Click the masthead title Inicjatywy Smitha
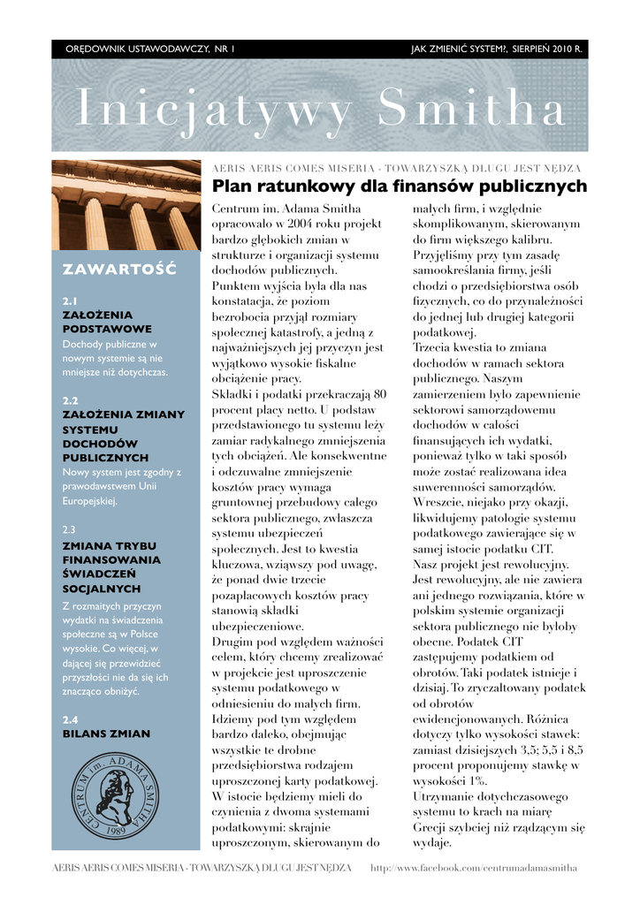pyautogui.click(x=320, y=109)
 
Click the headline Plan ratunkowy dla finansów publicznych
pyautogui.click(x=400, y=186)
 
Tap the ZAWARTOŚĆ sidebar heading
pyautogui.click(x=119, y=268)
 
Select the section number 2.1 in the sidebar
pyautogui.click(x=71, y=300)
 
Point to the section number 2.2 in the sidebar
pyautogui.click(x=71, y=400)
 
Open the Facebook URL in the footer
pyautogui.click(x=473, y=868)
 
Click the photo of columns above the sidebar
pyautogui.click(x=126, y=205)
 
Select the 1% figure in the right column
pyautogui.click(x=476, y=780)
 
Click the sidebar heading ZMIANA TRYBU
pyautogui.click(x=111, y=545)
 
